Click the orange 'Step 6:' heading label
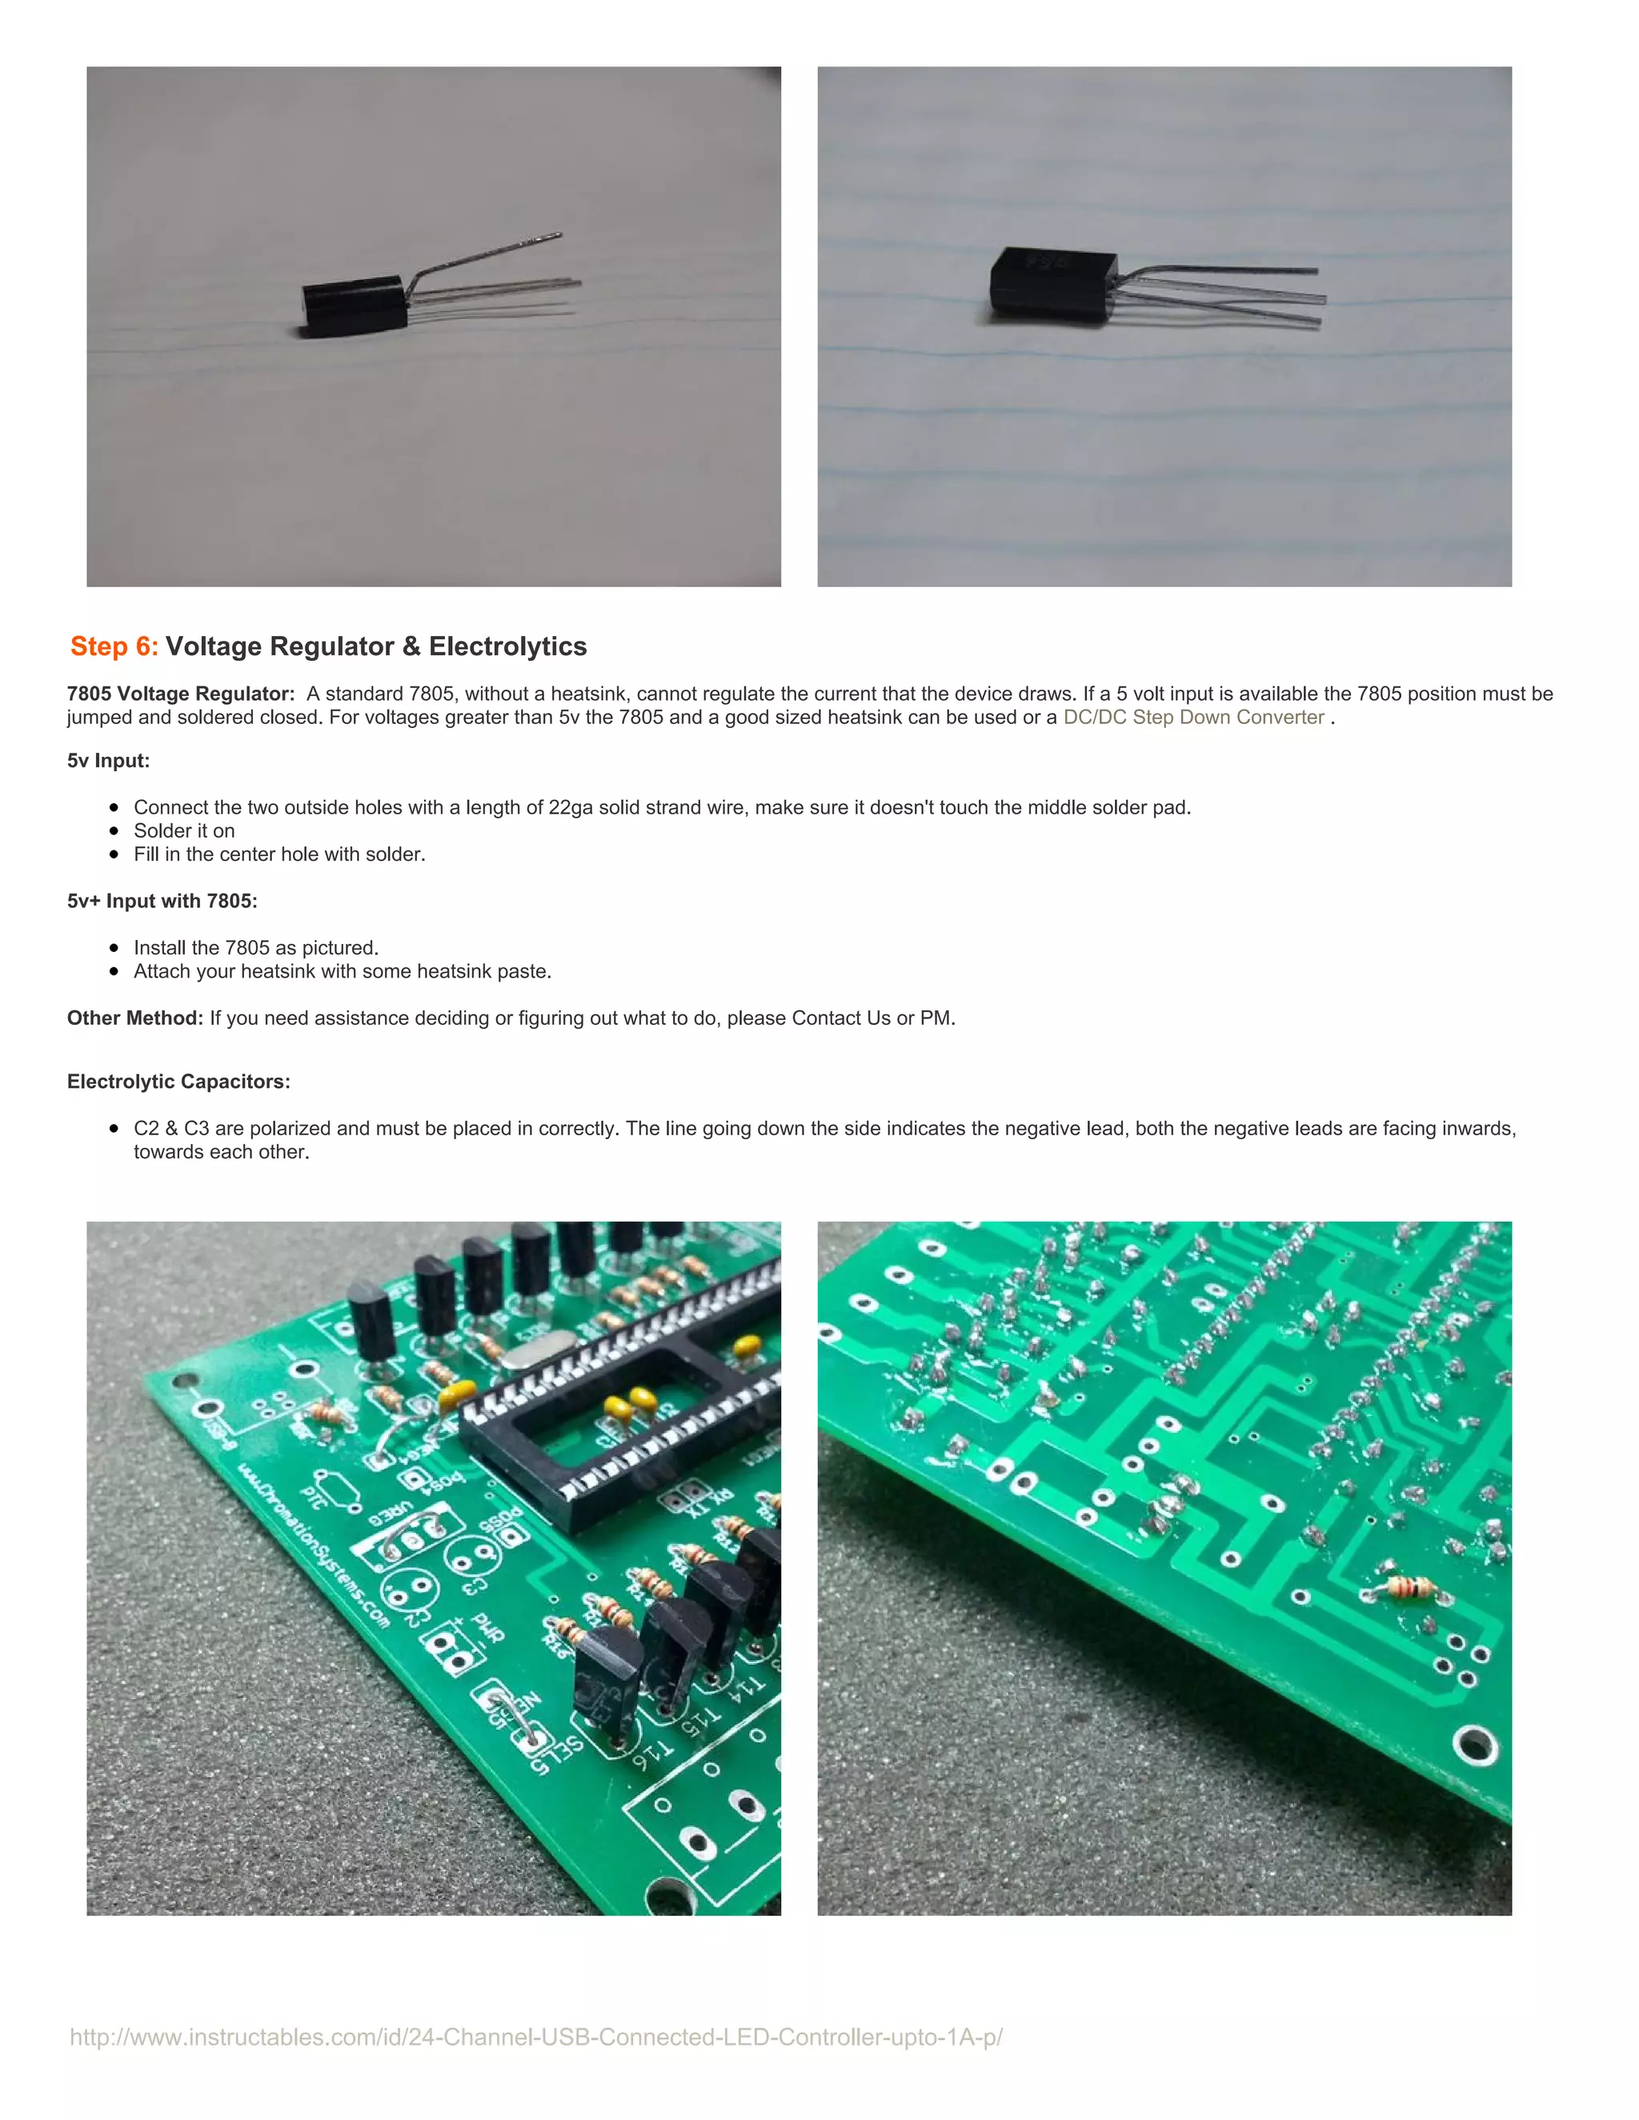(x=114, y=646)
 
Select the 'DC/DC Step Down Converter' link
(x=1193, y=718)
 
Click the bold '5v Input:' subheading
(x=108, y=760)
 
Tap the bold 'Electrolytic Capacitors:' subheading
(x=178, y=1082)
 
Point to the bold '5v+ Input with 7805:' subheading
(x=162, y=901)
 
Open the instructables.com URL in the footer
(x=536, y=2037)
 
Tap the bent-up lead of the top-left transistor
(x=486, y=254)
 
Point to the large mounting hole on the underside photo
(x=1474, y=1744)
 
